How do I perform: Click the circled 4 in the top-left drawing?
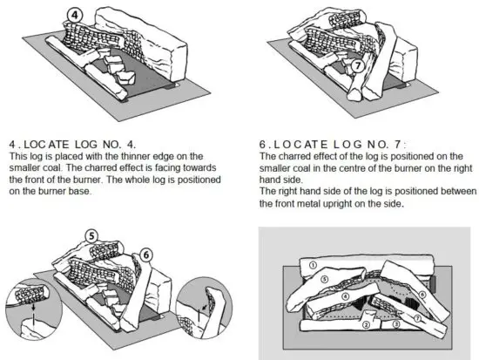pos(76,15)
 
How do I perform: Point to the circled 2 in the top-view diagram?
pos(367,323)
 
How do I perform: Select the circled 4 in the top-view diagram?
pos(345,296)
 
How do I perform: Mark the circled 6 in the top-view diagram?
pos(423,294)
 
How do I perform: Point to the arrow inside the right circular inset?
pos(203,307)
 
